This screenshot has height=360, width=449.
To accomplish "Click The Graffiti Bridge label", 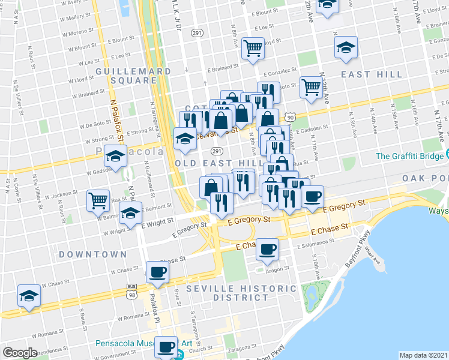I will (x=412, y=156).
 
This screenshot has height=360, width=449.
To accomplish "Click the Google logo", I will (x=20, y=353).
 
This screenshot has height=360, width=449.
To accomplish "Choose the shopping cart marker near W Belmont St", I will (x=98, y=200).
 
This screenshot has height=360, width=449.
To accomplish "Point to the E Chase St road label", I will (x=329, y=229).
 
